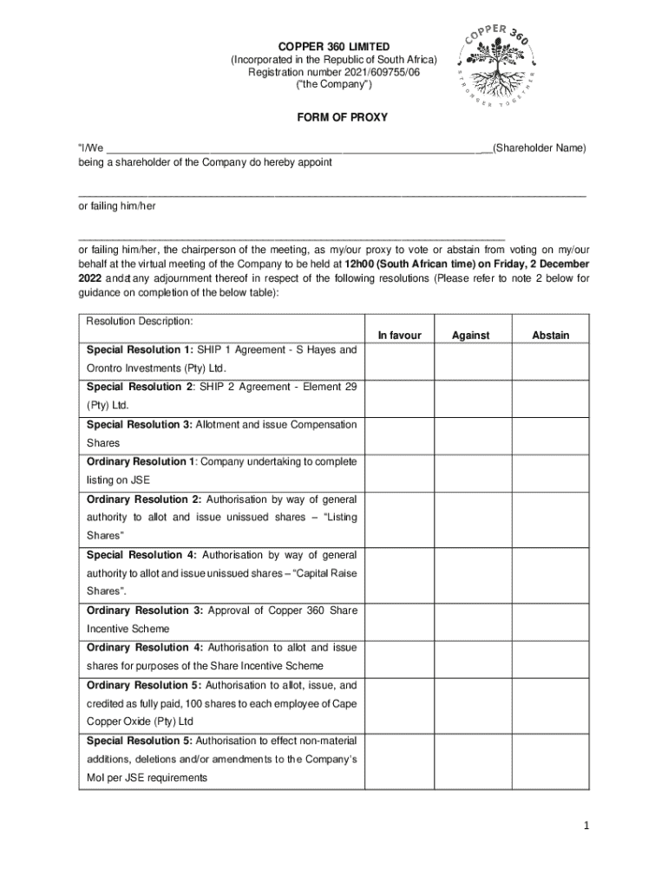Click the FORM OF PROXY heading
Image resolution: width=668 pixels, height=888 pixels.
tap(334, 117)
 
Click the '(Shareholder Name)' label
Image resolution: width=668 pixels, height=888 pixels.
tap(539, 148)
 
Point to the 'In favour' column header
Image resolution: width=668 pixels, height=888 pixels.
tap(399, 336)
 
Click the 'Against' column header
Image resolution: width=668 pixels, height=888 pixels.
tap(471, 336)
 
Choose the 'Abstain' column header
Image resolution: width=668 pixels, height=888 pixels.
tap(551, 336)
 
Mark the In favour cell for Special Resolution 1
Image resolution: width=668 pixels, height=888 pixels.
tap(399, 359)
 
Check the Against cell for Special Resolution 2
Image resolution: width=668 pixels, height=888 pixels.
tap(471, 396)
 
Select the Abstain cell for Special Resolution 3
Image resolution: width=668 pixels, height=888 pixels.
tap(551, 434)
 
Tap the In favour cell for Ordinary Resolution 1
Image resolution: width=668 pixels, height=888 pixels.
tap(399, 471)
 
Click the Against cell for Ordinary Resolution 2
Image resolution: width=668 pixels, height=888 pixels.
tap(471, 518)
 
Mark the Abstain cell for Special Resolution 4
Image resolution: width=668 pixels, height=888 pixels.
tap(551, 573)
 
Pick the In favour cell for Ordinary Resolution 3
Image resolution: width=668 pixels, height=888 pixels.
tap(399, 620)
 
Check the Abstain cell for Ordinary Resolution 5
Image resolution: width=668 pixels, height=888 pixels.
tap(551, 703)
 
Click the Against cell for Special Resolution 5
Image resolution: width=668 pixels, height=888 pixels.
tap(471, 760)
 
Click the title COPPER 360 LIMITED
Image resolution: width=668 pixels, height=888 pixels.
tap(334, 46)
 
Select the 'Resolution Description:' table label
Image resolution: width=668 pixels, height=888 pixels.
tap(140, 322)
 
